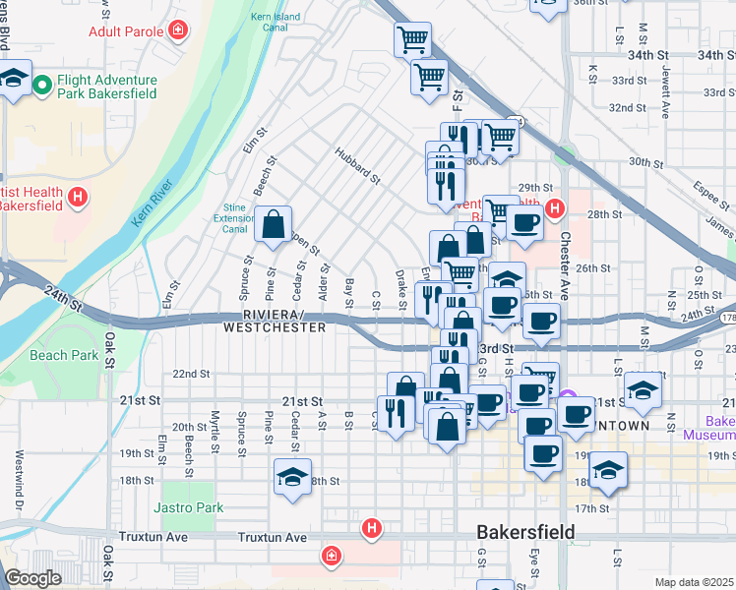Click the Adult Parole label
(123, 31)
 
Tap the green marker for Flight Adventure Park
(42, 87)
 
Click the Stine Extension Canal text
(234, 218)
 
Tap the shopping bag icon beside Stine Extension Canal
(273, 225)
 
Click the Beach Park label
(63, 355)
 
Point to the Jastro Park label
(188, 507)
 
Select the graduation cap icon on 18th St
(293, 477)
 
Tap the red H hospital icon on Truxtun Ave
(371, 529)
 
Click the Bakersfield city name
(525, 532)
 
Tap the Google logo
(32, 578)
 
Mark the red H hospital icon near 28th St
(555, 208)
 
